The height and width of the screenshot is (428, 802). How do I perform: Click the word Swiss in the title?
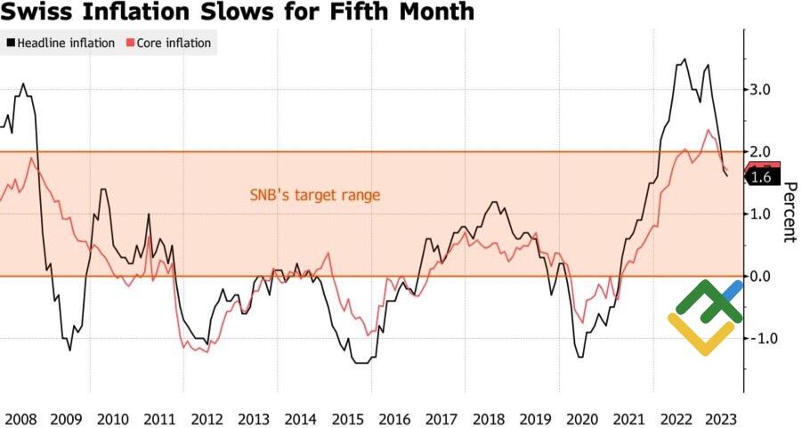pos(35,12)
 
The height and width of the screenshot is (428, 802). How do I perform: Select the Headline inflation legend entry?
pos(66,43)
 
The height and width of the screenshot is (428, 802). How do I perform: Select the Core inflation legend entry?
pos(174,43)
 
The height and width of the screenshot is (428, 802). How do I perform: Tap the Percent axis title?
pos(789,213)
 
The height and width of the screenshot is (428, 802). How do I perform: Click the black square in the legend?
pos(11,43)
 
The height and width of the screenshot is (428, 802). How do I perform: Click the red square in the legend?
pos(131,43)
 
